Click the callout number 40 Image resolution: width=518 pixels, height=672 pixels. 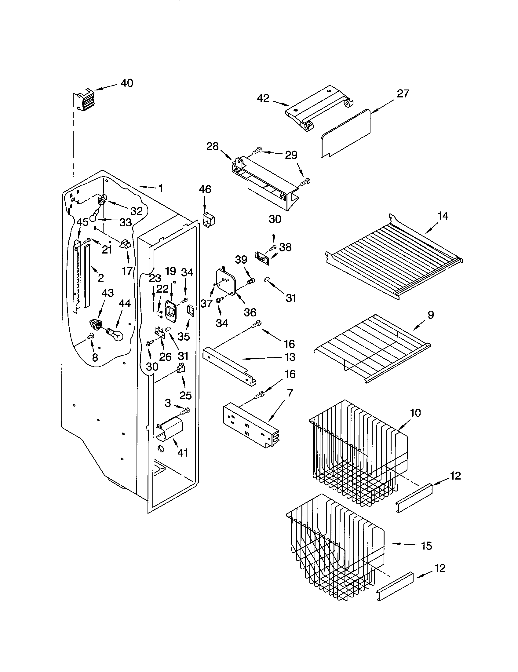click(x=127, y=83)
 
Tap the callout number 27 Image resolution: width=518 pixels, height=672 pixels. click(x=403, y=93)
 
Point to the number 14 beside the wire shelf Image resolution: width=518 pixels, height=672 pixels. click(x=443, y=216)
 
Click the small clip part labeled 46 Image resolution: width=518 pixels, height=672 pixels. click(x=209, y=220)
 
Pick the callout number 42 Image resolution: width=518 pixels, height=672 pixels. click(x=263, y=98)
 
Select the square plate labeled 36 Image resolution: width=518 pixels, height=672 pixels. click(x=226, y=281)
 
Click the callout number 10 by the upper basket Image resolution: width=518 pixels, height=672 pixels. click(x=415, y=413)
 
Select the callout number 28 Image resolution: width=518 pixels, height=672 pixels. click(x=212, y=146)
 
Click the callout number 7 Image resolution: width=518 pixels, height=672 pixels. click(x=290, y=393)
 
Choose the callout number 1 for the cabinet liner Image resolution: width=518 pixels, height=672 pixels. click(x=161, y=188)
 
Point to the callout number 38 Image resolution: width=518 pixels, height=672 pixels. click(x=286, y=247)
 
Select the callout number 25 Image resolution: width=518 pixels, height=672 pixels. click(x=185, y=395)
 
